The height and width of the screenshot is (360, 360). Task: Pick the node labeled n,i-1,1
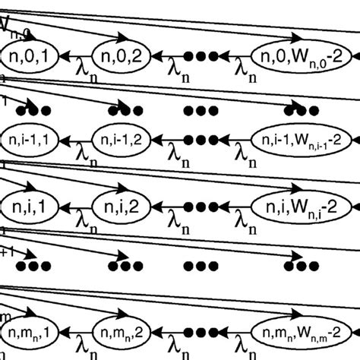[26, 140]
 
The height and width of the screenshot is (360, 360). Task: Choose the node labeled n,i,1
[26, 206]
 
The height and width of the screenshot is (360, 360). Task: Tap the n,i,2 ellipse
[118, 206]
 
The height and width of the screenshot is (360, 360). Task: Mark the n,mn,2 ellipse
[117, 332]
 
